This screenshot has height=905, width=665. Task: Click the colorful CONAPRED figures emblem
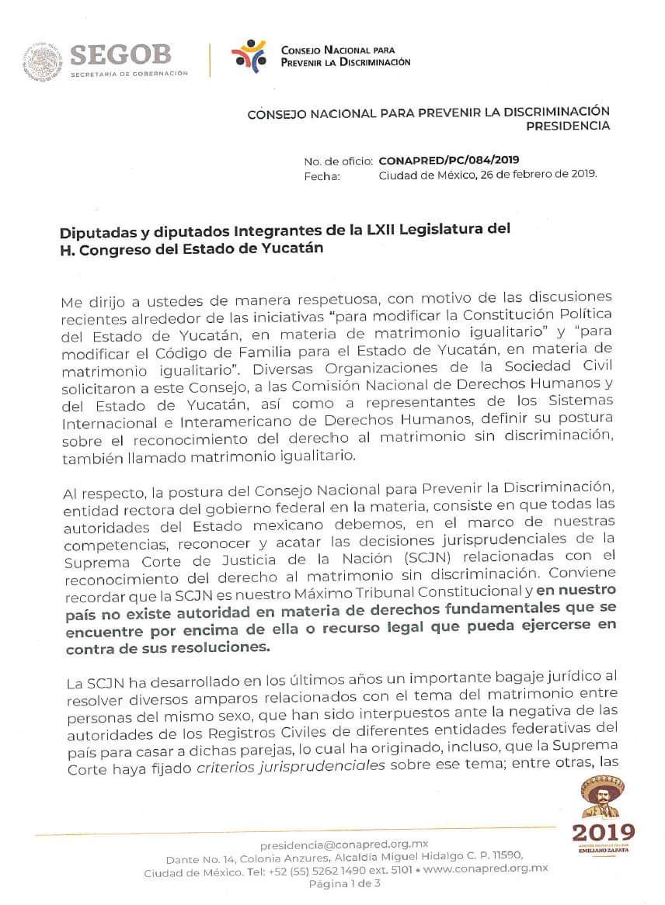248,55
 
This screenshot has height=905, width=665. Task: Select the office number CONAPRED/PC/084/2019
449,161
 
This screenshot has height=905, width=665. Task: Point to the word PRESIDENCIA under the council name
568,126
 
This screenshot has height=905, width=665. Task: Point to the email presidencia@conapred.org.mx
344,844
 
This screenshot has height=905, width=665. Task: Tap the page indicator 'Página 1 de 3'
345,884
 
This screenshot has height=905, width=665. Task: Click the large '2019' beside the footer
602,832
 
